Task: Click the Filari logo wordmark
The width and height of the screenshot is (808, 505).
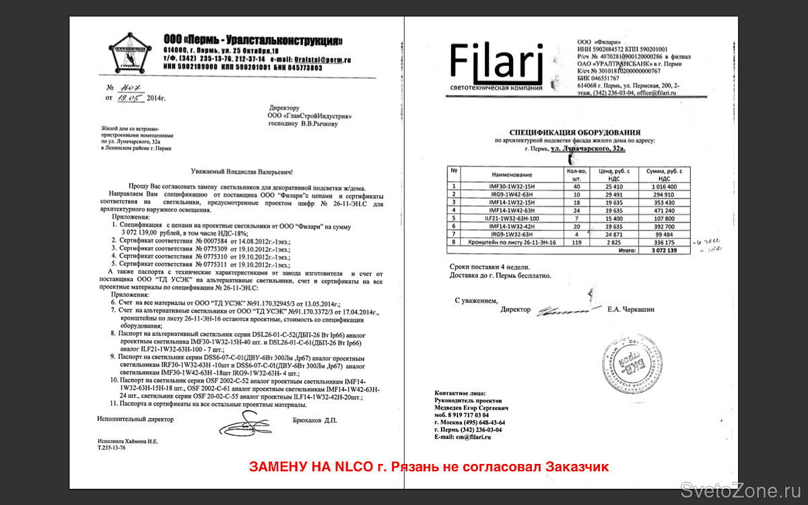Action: pyautogui.click(x=496, y=62)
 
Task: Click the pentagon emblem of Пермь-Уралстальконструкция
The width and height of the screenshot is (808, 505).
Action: pyautogui.click(x=130, y=55)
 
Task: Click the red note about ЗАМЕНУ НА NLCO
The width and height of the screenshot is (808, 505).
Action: pyautogui.click(x=429, y=467)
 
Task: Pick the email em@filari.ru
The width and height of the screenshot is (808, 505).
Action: pyautogui.click(x=473, y=437)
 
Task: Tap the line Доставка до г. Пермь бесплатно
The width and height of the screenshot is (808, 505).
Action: pyautogui.click(x=500, y=276)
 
